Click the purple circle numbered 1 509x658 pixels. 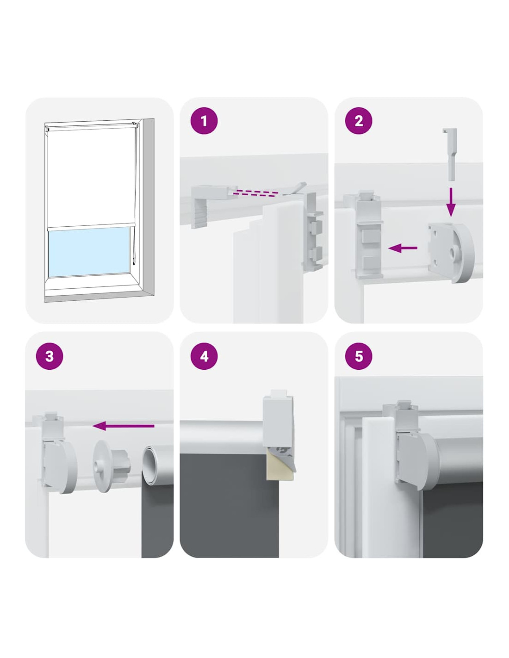(204, 121)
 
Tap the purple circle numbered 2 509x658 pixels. (359, 121)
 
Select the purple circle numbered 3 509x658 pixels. (50, 356)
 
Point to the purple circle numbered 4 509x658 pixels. (204, 356)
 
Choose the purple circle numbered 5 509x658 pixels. (359, 356)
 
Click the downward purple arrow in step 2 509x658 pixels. (451, 202)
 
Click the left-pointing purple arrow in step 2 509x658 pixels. (403, 248)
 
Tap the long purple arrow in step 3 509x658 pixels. (123, 426)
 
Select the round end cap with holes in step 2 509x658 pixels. (451, 253)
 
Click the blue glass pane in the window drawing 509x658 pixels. (89, 252)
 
